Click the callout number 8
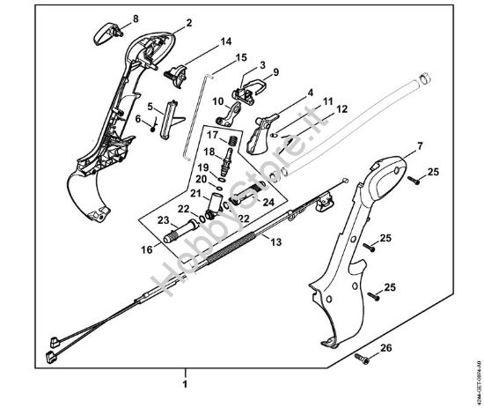pyautogui.click(x=136, y=18)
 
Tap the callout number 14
pyautogui.click(x=226, y=41)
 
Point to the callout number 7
pyautogui.click(x=419, y=145)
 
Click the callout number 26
pyautogui.click(x=384, y=349)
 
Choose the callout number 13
pyautogui.click(x=276, y=241)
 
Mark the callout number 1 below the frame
pyautogui.click(x=185, y=384)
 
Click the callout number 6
pyautogui.click(x=138, y=118)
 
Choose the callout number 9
pyautogui.click(x=275, y=71)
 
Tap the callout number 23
pyautogui.click(x=163, y=219)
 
